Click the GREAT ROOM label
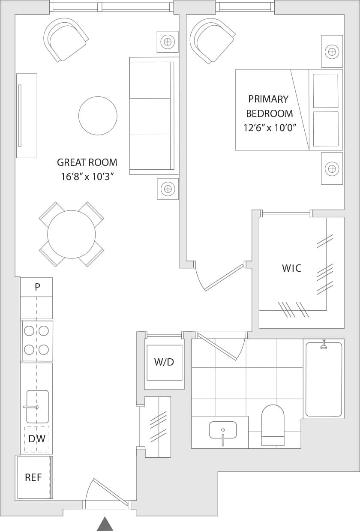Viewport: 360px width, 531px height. coord(87,162)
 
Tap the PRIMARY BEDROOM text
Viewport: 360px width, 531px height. coord(269,106)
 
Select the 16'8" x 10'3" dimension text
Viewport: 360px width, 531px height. coord(87,177)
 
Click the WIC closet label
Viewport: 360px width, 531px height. coord(291,268)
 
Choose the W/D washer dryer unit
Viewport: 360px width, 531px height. coord(164,362)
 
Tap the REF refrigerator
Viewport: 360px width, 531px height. coord(33,477)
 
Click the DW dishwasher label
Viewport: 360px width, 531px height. coord(37,439)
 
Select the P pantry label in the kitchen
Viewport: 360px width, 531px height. coord(37,287)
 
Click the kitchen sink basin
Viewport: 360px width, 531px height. coord(37,406)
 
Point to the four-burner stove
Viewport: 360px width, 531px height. coord(37,341)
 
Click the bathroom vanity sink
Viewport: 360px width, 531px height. coord(223,430)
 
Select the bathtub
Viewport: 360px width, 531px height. coord(324,379)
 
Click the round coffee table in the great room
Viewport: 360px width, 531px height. coord(98,116)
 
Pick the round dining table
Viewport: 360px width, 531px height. coord(72,234)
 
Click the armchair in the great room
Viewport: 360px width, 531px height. coord(66,39)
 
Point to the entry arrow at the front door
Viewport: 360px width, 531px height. coord(105,524)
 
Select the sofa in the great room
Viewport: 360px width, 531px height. coord(152,116)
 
